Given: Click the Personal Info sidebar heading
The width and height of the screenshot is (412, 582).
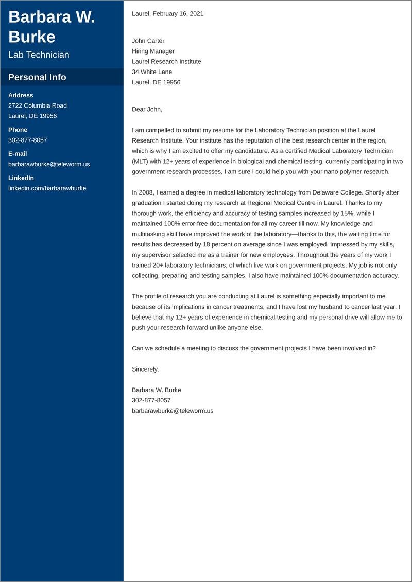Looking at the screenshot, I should pyautogui.click(x=37, y=77).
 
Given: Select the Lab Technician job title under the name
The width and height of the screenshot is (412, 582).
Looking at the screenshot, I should pyautogui.click(x=39, y=55).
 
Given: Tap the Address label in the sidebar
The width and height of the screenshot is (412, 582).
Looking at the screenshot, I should pyautogui.click(x=21, y=95).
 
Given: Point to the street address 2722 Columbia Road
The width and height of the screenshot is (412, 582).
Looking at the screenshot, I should pyautogui.click(x=38, y=105).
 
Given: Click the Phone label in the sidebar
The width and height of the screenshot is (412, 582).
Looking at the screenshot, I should pyautogui.click(x=18, y=130).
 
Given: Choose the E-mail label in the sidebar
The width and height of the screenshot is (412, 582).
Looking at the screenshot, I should pyautogui.click(x=18, y=154).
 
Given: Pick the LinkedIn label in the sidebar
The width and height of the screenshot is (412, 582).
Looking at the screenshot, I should pyautogui.click(x=21, y=178).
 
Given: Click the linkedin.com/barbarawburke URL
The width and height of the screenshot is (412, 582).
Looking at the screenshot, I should pyautogui.click(x=47, y=188).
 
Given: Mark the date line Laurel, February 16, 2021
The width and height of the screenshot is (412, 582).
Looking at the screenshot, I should pyautogui.click(x=167, y=14).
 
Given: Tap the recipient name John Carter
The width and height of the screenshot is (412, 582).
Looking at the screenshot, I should pyautogui.click(x=148, y=41).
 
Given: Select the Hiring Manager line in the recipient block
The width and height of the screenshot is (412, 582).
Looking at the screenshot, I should pyautogui.click(x=153, y=51).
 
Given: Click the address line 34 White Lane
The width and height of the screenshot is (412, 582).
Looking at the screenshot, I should pyautogui.click(x=152, y=72).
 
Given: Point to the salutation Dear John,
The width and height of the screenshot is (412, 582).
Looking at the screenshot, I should pyautogui.click(x=147, y=109).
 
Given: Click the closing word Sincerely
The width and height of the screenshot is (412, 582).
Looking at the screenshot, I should pyautogui.click(x=145, y=369).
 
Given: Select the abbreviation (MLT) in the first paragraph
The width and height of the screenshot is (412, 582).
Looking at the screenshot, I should pyautogui.click(x=141, y=161).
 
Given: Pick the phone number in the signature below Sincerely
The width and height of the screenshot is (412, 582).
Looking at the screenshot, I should pyautogui.click(x=151, y=400).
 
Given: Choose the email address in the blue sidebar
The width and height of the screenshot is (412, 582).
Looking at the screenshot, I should pyautogui.click(x=49, y=164).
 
